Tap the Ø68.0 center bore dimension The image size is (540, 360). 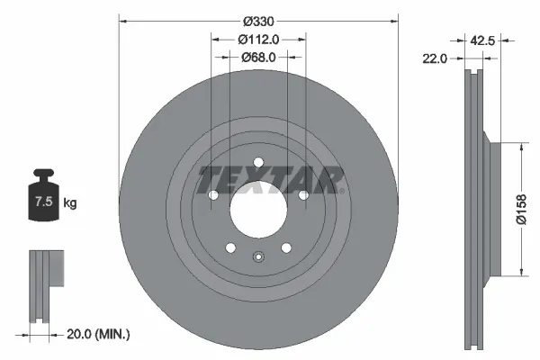click(257, 57)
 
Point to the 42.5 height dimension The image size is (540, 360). click(484, 39)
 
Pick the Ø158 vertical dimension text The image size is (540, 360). click(522, 208)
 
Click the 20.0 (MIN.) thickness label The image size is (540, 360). click(99, 334)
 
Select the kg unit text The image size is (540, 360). click(70, 204)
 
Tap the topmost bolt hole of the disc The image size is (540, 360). click(257, 163)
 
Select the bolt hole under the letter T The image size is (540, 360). click(213, 195)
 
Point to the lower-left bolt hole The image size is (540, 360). click(229, 248)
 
